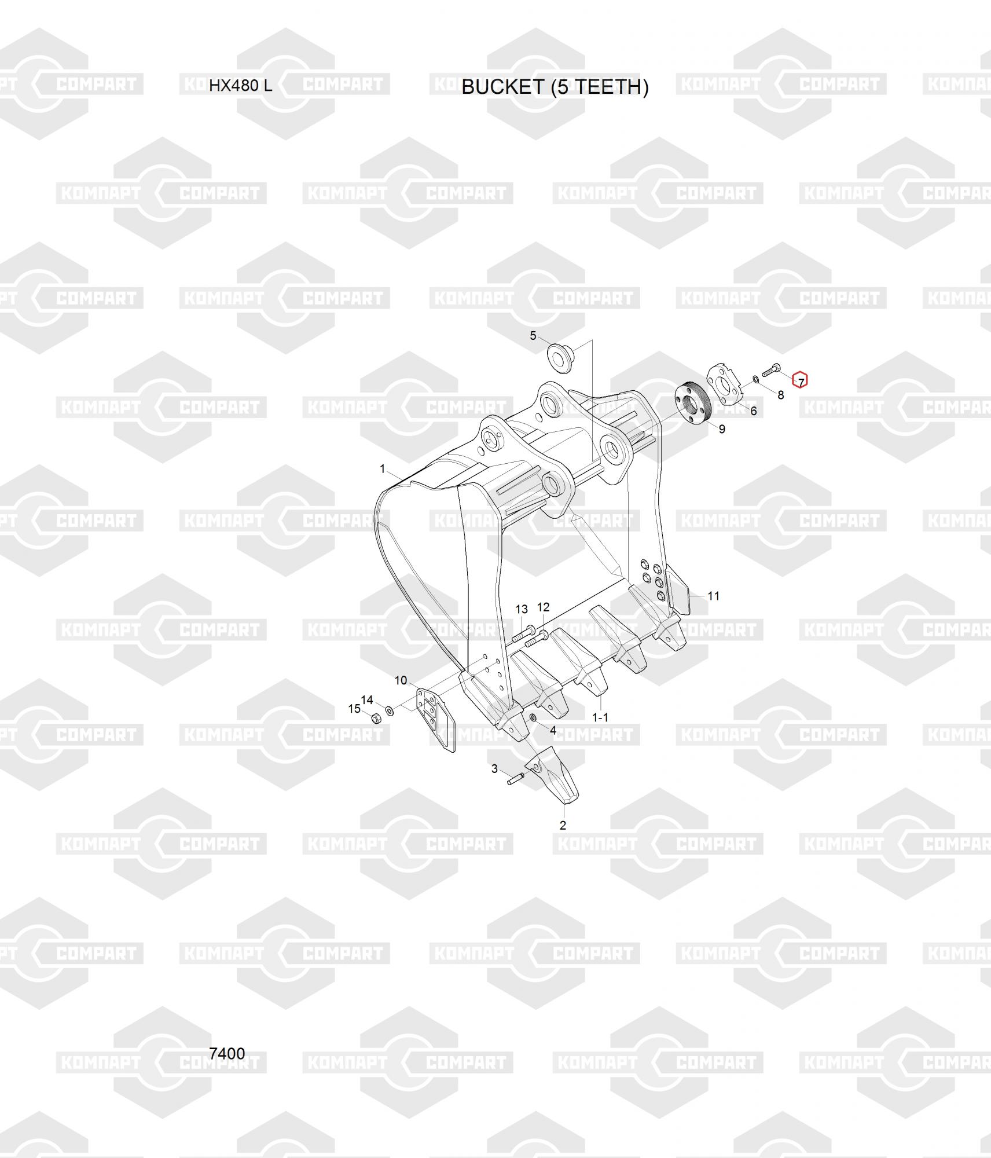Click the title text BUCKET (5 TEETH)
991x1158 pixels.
(x=555, y=87)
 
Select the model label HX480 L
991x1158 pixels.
(x=240, y=86)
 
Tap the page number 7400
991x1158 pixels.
(x=227, y=1053)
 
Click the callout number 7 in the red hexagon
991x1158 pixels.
(x=800, y=380)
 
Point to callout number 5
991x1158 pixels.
(x=533, y=336)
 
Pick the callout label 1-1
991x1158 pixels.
(x=600, y=717)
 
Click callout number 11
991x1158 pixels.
(x=713, y=596)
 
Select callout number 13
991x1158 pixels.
(x=522, y=609)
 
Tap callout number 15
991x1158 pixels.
(x=354, y=709)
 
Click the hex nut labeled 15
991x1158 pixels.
(x=375, y=719)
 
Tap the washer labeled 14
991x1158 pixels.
(x=390, y=710)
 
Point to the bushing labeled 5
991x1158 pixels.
(x=561, y=357)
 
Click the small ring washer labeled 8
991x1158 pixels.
(x=756, y=380)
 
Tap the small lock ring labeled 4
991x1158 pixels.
(x=534, y=719)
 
